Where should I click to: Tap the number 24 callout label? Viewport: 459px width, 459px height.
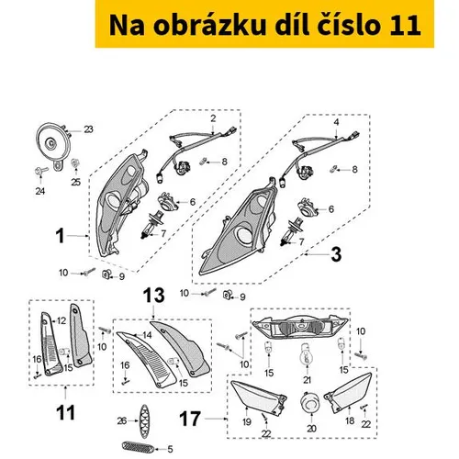[x=40, y=191]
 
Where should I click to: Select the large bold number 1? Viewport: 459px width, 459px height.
[x=61, y=236]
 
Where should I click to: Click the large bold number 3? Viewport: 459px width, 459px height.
[x=336, y=254]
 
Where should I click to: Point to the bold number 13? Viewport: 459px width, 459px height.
[x=154, y=296]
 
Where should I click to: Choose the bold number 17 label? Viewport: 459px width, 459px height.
[x=190, y=419]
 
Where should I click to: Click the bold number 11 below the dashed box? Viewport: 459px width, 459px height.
[x=66, y=413]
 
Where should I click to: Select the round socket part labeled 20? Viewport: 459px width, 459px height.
[x=310, y=403]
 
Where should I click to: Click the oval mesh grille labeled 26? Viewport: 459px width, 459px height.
[x=144, y=421]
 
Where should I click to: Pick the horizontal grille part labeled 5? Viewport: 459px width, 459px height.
[x=137, y=447]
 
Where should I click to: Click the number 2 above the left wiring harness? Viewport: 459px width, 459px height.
[x=213, y=118]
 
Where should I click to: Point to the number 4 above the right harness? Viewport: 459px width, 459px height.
[x=336, y=122]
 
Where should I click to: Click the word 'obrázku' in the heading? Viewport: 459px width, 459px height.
[x=209, y=25]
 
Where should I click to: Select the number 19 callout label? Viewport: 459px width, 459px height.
[x=247, y=422]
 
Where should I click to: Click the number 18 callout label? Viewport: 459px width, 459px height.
[x=350, y=421]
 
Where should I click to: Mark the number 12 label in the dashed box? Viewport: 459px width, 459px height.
[x=62, y=320]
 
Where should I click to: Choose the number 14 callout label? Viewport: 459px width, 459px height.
[x=147, y=335]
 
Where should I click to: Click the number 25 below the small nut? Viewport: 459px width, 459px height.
[x=75, y=182]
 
